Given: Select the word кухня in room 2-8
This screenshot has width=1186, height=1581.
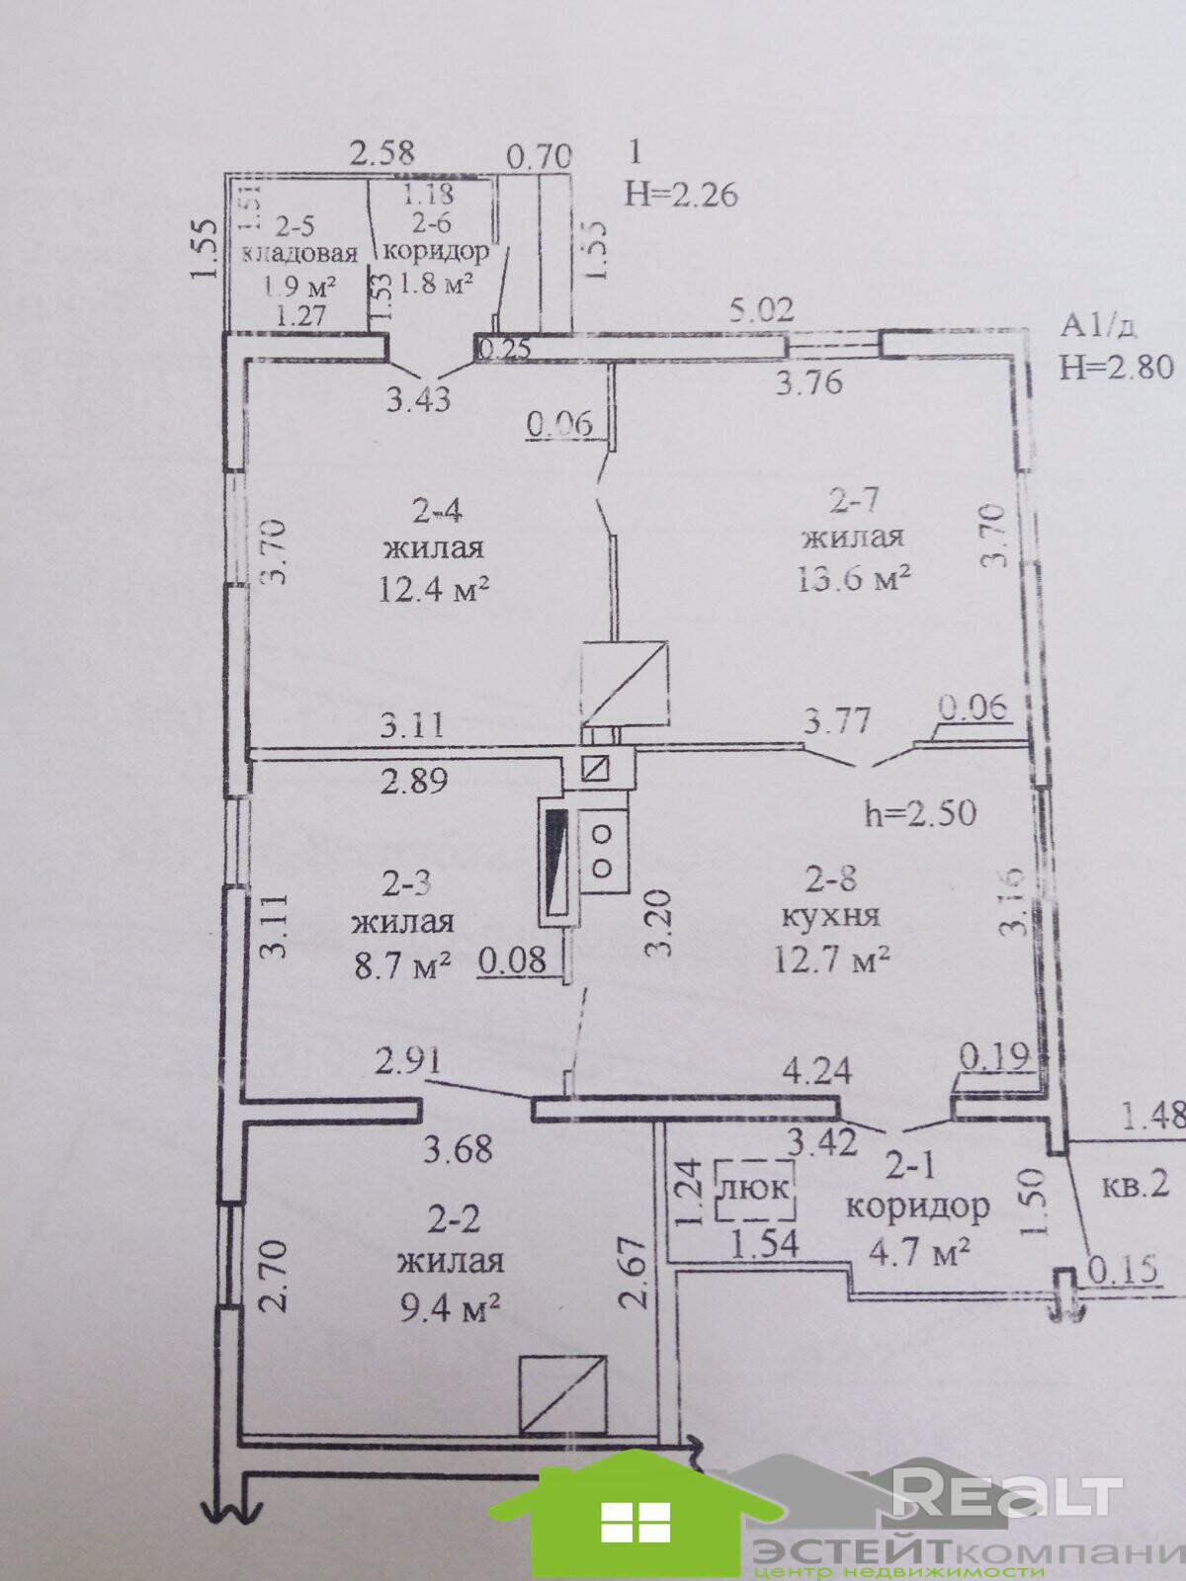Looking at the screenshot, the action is (x=830, y=915).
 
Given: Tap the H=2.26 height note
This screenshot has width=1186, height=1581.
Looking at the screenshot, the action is (x=682, y=195).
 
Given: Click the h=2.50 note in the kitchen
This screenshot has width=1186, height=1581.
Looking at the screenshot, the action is (x=920, y=813).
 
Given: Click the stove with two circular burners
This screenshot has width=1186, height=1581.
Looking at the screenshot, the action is (x=602, y=850).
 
